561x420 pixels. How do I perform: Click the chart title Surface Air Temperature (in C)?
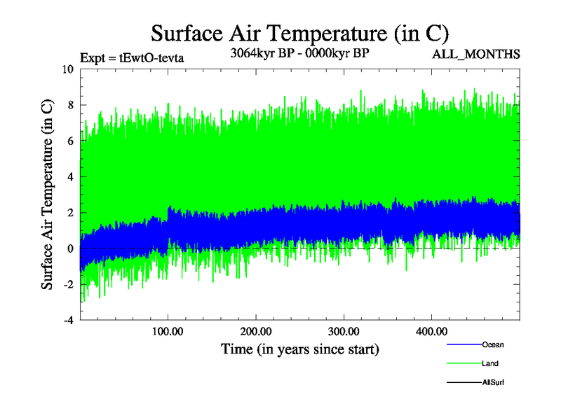pos(299,32)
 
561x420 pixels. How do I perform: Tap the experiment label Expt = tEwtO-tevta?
pos(132,57)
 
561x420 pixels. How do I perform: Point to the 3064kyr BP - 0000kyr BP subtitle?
pos(299,53)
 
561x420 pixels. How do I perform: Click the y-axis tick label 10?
pos(67,69)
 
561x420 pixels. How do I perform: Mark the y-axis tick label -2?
pos(68,284)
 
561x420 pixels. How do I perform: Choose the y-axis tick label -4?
pos(68,320)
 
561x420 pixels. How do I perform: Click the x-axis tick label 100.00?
pos(168,330)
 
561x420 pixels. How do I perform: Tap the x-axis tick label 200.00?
pos(255,330)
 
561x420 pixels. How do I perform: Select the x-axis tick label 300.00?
pos(343,330)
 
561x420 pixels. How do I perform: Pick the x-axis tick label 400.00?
pos(431,330)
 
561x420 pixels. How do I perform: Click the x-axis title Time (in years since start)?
pos(299,349)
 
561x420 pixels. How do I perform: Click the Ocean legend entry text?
pos(492,344)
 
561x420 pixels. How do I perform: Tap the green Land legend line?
pos(463,364)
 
